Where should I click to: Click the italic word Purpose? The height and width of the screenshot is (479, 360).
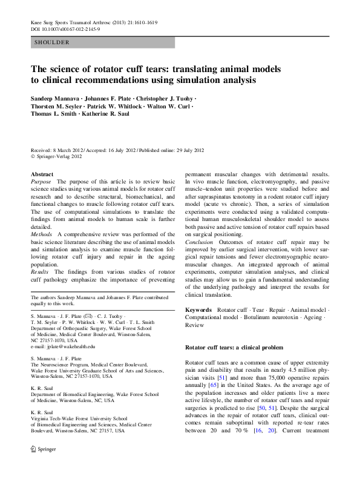click(41, 181)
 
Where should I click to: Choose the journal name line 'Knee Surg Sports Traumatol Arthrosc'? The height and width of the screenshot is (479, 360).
click(71, 21)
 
